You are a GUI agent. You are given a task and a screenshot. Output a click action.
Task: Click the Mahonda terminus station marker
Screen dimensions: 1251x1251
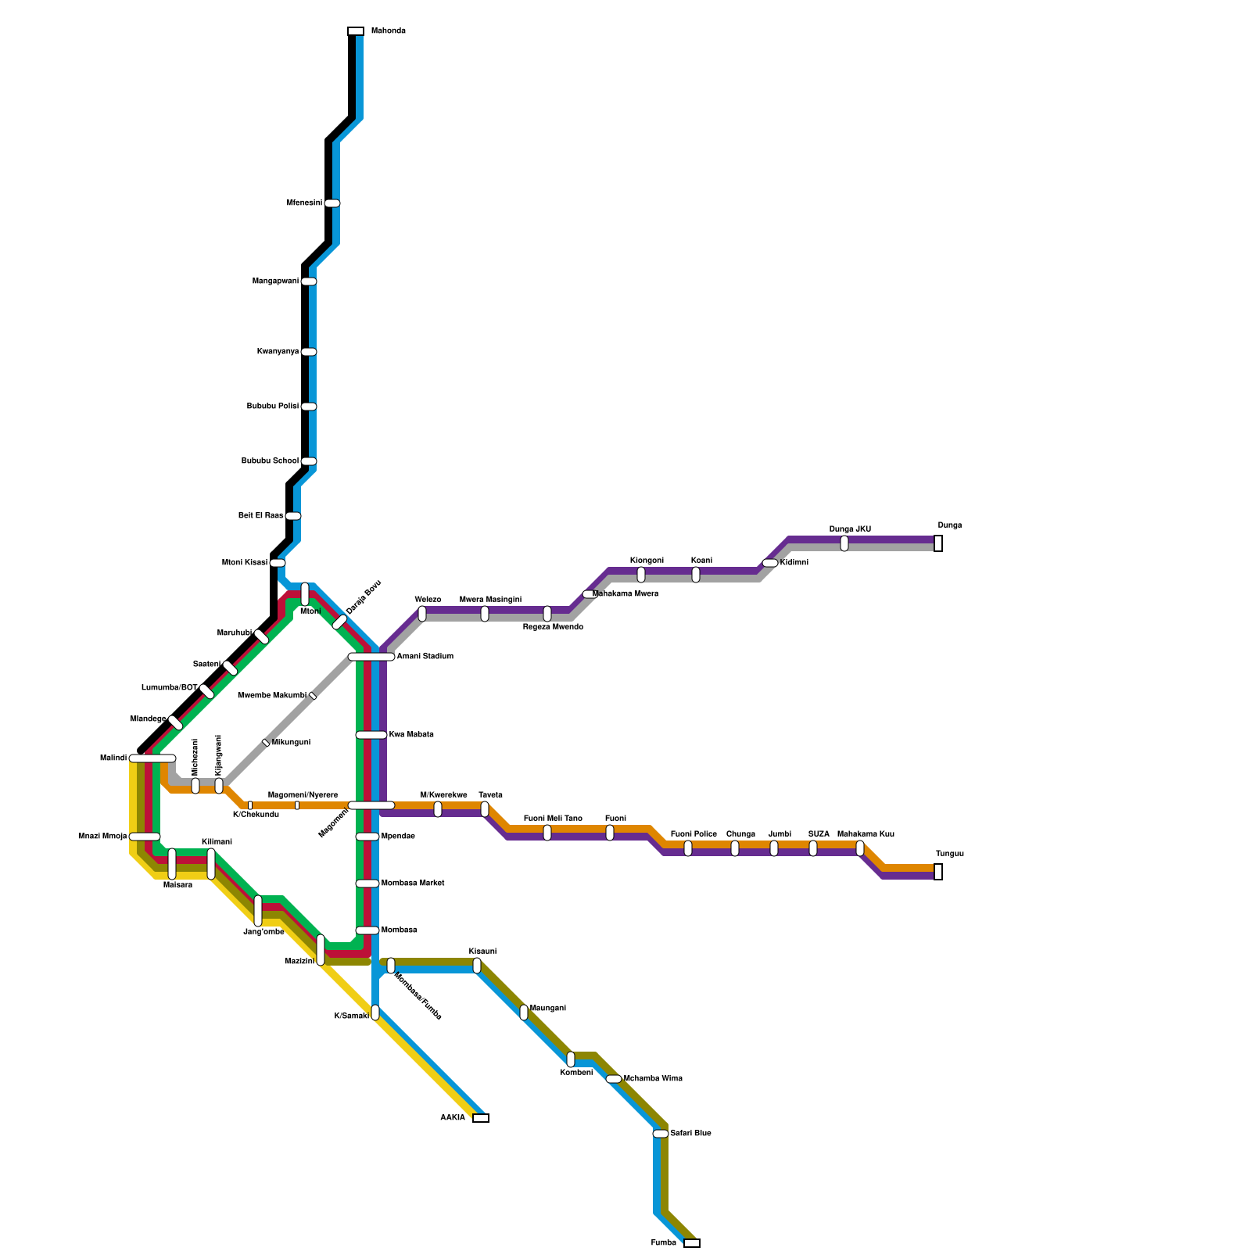(x=356, y=31)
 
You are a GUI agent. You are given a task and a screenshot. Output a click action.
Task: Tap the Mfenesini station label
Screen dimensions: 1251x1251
(x=304, y=203)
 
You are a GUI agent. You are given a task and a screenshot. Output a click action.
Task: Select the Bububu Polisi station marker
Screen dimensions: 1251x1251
(x=309, y=407)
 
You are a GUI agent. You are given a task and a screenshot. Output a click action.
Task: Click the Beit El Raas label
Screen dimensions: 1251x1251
(x=260, y=516)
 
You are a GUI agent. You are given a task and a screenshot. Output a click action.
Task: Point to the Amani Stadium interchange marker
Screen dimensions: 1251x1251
(x=371, y=657)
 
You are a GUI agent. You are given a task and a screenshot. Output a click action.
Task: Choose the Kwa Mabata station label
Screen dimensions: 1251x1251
(x=411, y=735)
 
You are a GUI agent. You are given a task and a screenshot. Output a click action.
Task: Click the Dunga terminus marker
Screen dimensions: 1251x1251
(x=938, y=543)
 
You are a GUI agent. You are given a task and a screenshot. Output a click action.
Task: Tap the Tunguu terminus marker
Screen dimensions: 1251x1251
(x=938, y=872)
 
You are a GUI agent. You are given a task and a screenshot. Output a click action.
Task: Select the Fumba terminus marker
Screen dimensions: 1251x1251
(x=692, y=1243)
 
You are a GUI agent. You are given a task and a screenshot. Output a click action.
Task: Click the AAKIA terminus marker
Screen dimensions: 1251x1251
(x=481, y=1118)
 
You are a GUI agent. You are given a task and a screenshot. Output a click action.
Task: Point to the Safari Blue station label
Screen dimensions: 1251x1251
(x=691, y=1134)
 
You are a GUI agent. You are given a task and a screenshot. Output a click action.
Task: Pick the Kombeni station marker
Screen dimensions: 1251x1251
(x=571, y=1059)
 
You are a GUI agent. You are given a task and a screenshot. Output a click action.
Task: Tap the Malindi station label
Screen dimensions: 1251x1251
(x=113, y=758)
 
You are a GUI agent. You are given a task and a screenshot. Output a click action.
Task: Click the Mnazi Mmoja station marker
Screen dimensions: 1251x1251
(x=145, y=837)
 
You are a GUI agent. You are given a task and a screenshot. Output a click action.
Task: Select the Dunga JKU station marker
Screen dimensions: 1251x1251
(x=844, y=543)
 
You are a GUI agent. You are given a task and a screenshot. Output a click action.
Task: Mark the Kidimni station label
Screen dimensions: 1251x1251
(x=794, y=563)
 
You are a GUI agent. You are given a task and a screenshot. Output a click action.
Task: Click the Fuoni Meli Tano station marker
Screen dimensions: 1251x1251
(x=547, y=833)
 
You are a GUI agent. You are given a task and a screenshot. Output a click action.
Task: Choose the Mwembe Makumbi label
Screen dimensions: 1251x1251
(x=272, y=696)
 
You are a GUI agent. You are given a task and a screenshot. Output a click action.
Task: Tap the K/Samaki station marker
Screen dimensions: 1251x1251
(x=375, y=1013)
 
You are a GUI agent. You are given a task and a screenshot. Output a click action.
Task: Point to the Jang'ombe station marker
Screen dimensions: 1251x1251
(x=258, y=911)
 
